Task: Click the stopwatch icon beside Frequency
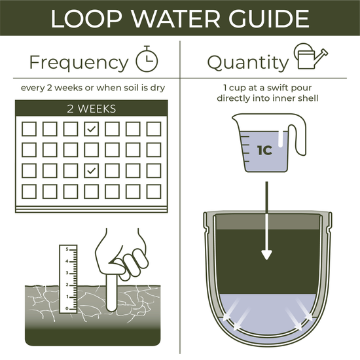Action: click(147, 60)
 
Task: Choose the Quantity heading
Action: click(248, 63)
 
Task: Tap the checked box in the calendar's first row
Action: click(92, 129)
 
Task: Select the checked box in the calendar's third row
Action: click(92, 171)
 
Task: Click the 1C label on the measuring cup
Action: click(264, 149)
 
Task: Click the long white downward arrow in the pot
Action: click(267, 222)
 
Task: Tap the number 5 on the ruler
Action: click(66, 249)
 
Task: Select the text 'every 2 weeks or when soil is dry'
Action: click(91, 88)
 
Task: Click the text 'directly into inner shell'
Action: click(269, 98)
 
